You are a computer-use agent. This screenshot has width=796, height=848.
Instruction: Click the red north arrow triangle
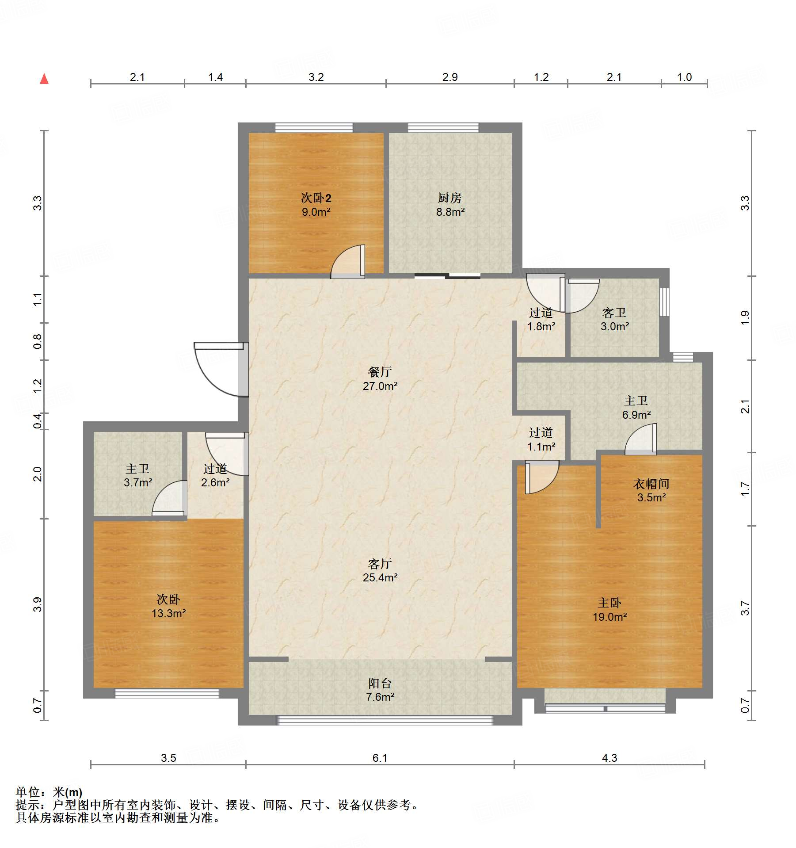point(44,79)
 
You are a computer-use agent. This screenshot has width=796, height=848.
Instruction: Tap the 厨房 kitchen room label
point(449,198)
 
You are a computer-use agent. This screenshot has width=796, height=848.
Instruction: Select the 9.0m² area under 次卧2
point(316,212)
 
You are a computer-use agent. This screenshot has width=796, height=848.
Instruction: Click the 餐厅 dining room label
point(380,372)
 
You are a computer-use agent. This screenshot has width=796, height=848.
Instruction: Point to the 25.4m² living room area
point(380,577)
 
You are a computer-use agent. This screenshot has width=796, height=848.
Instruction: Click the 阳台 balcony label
point(380,683)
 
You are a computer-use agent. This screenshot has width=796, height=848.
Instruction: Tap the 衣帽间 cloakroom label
point(651,484)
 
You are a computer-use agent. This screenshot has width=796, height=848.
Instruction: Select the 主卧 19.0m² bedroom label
point(609,610)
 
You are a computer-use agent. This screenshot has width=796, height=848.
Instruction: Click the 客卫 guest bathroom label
point(614,313)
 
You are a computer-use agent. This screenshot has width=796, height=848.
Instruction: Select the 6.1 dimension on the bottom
point(380,758)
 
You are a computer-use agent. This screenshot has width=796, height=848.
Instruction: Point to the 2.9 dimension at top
point(450,77)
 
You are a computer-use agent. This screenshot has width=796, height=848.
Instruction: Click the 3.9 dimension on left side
point(38,604)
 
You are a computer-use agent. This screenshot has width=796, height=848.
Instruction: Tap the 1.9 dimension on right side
point(745,317)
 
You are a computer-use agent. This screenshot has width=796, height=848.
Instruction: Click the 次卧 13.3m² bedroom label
point(168,606)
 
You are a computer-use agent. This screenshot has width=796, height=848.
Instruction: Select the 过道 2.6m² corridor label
point(215,475)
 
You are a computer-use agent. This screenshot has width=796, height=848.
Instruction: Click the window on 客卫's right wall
point(664,302)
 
